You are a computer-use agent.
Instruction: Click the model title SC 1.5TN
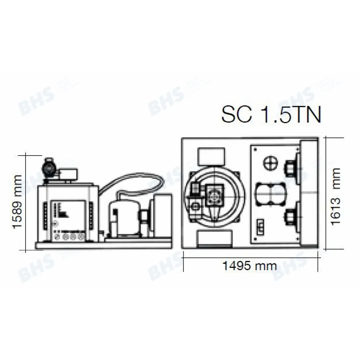coord(271,114)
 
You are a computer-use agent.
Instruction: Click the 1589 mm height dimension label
coord(17,202)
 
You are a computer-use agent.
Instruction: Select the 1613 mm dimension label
coord(336,196)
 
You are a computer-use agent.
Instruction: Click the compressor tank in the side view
coord(123,217)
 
